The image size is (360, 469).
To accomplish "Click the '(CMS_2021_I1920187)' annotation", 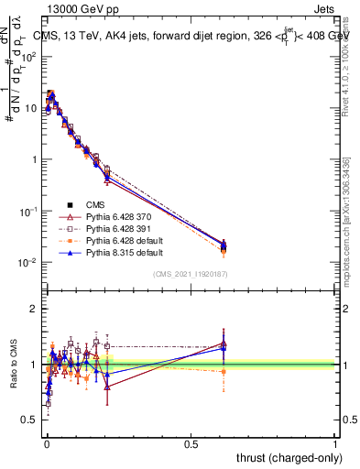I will [190, 274].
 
